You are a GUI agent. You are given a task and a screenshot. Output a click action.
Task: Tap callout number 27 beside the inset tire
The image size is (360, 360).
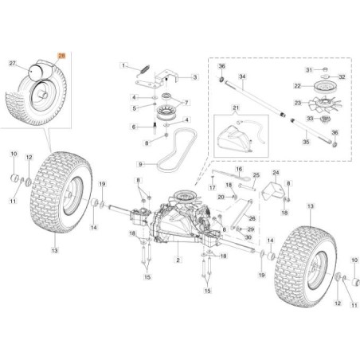(x=12, y=61)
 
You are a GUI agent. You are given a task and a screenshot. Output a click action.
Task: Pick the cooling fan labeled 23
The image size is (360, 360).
(x=319, y=104)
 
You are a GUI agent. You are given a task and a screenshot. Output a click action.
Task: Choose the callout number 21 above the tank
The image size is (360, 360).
(x=234, y=108)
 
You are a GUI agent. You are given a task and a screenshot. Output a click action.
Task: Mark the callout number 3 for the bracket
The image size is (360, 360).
(x=194, y=77)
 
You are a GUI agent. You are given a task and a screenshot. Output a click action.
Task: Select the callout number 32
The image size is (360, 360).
(x=342, y=77)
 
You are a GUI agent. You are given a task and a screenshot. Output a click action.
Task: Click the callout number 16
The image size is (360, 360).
(x=240, y=170)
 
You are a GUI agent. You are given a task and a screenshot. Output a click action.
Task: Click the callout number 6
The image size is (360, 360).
(x=132, y=127)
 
